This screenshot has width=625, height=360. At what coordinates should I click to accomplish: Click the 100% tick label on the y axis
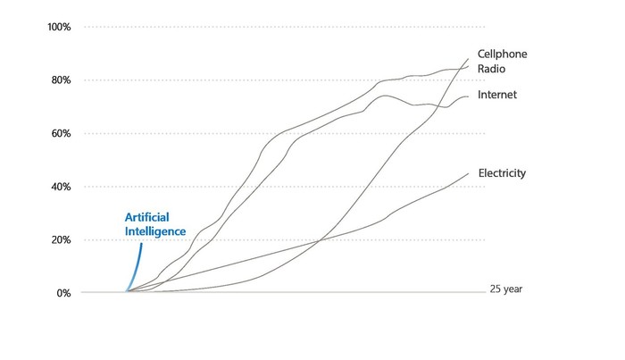[x=58, y=27]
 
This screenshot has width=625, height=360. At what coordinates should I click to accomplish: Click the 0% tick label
[x=63, y=293]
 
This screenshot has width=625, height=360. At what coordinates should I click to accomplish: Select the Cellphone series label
[x=502, y=54]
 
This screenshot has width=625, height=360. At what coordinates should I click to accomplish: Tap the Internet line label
[x=497, y=94]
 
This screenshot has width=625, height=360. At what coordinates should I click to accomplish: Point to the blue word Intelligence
[x=154, y=230]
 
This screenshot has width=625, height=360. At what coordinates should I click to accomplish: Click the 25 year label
[x=510, y=289]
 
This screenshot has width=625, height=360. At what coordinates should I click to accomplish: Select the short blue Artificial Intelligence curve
[x=136, y=264]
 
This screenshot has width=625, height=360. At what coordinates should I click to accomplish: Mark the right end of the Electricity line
[x=468, y=173]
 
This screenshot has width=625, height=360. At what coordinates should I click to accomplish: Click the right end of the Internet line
[x=468, y=96]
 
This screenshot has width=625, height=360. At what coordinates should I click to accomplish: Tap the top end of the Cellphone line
[x=468, y=59]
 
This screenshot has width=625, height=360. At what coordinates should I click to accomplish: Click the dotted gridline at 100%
[x=268, y=27]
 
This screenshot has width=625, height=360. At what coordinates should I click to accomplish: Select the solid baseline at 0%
[x=268, y=293]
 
